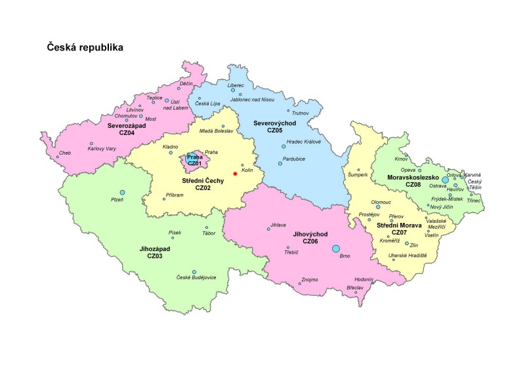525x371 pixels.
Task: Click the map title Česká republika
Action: pos(85,48)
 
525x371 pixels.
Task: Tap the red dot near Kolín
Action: pos(234,174)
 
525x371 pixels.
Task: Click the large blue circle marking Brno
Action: pos(336,248)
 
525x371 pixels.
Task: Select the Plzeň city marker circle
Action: pos(122,192)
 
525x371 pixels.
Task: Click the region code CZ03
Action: pos(156,256)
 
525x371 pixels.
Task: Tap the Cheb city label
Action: pos(64,153)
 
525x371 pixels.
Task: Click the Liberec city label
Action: pos(236,85)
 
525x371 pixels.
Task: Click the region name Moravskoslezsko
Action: pos(413,177)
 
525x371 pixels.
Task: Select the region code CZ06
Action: pos(310,242)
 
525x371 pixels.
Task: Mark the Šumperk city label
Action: pos(358,175)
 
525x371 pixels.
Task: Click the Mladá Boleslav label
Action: pos(216,131)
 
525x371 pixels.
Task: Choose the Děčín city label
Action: pos(186,84)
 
